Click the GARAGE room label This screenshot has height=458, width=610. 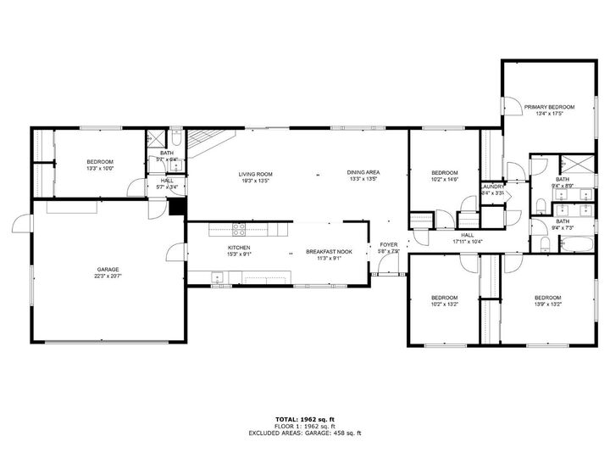pos(108,270)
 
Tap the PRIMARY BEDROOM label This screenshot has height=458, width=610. pos(549,107)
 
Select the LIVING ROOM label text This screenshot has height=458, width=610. pos(254,172)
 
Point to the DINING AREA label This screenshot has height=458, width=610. pos(363,172)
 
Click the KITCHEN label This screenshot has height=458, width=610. pos(238,248)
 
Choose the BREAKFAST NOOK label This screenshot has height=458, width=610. pos(329,252)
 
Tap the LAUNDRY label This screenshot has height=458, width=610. pos(492,187)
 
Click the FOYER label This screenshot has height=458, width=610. pos(388,244)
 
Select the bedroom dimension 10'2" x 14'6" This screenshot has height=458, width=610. pos(444,179)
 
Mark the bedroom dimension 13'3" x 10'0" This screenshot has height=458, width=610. pos(100,168)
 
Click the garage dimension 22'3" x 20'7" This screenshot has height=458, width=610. pos(108,276)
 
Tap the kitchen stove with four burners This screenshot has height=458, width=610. pos(239,227)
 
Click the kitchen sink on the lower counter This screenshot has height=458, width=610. pos(218,276)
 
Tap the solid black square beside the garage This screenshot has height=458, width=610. pos(176,208)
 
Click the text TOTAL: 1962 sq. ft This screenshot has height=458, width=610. pos(304,419)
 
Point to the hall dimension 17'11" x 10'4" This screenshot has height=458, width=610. pos(467,243)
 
